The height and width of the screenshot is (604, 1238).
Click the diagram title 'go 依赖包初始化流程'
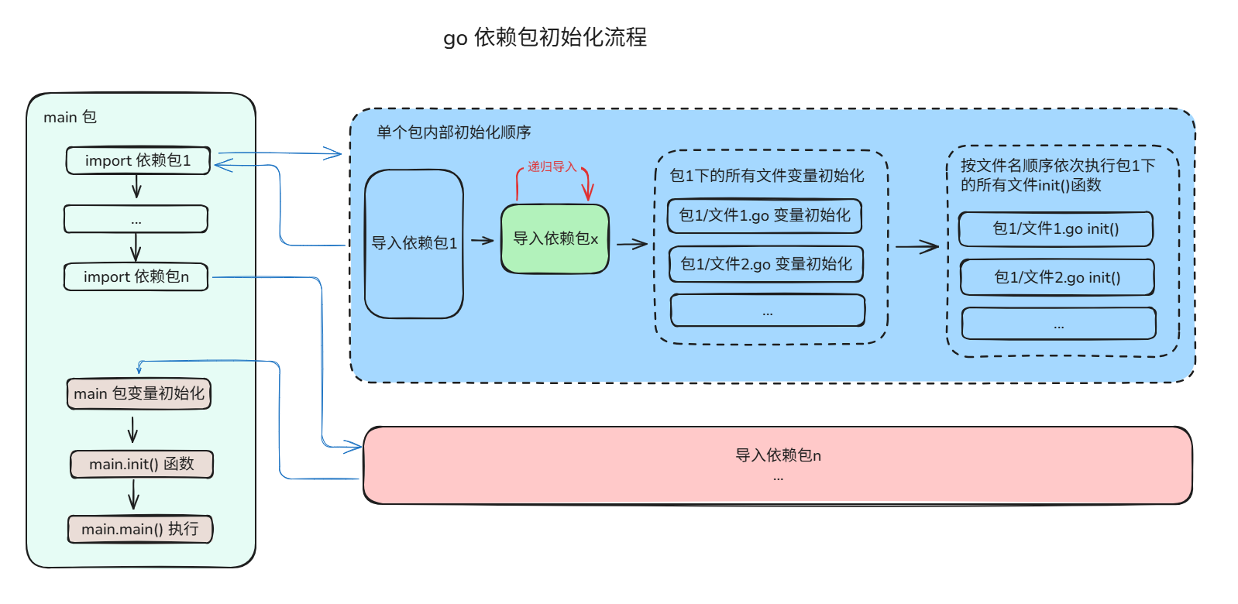point(545,37)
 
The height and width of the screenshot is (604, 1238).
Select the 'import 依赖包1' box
point(138,160)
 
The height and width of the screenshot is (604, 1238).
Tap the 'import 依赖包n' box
point(136,276)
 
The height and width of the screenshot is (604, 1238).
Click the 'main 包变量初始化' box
point(139,393)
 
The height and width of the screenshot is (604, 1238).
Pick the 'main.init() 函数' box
point(141,464)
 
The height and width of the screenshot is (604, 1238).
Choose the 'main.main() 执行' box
point(140,529)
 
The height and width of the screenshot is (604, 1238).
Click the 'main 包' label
point(70,117)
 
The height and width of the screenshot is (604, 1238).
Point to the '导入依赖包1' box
point(414,243)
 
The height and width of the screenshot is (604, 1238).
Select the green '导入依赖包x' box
point(555,239)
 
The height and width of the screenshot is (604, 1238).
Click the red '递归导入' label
point(552,166)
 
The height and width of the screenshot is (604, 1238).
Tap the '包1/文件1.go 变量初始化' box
point(765,215)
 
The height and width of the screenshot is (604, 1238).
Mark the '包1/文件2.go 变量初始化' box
point(766,264)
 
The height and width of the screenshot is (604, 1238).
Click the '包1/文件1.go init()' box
point(1056,228)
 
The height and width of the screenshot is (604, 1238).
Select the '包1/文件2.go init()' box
point(1057,277)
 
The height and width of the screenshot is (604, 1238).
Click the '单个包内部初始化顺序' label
point(454,132)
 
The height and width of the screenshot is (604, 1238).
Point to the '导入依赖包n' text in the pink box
point(778,455)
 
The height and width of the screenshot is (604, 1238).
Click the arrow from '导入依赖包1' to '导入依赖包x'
point(482,240)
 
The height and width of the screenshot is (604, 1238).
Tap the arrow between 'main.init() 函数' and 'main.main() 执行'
point(133,494)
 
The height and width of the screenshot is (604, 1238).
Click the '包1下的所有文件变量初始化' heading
point(767,176)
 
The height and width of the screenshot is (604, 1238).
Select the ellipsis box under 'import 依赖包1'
point(136,219)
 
